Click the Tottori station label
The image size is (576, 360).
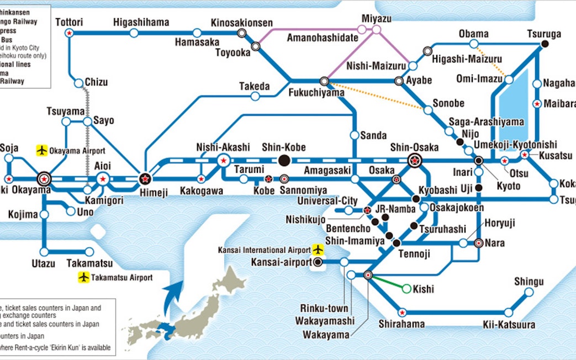coord(69,22)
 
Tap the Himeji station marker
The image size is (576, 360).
coord(145,178)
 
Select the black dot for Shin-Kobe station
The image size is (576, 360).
coord(284,161)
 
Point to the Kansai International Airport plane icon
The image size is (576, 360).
coord(318,250)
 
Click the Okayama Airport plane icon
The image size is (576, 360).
coord(41,150)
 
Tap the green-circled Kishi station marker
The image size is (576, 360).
coord(406,288)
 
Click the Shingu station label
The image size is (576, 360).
coord(529,282)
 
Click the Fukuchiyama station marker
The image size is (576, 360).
coord(324,81)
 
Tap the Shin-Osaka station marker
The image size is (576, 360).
coord(414,161)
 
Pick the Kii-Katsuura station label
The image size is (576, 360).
coord(509,325)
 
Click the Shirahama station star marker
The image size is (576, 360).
coord(402,312)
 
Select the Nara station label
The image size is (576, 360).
coord(494,243)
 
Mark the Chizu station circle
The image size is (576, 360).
coord(78,82)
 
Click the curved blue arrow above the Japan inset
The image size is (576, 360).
coord(175,294)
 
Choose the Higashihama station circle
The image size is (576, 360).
coord(134,33)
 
